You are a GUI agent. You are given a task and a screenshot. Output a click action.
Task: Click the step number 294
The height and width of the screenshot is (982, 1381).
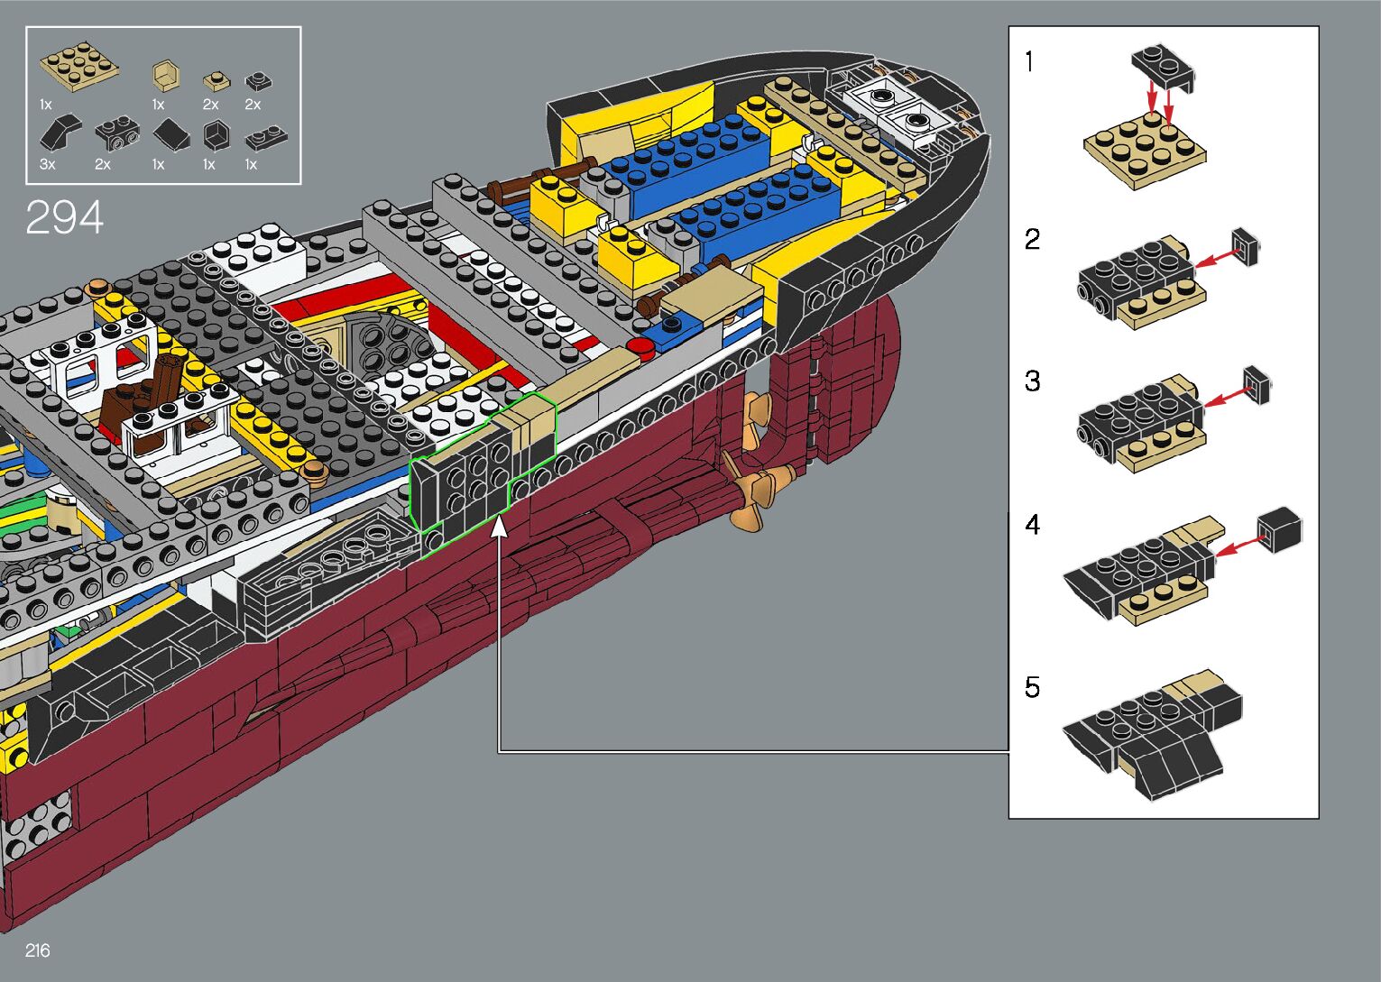click(65, 217)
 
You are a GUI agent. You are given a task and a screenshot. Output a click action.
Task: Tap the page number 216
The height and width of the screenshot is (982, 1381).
click(38, 950)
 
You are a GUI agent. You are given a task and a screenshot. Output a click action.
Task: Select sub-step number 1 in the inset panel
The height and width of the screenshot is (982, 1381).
click(1029, 61)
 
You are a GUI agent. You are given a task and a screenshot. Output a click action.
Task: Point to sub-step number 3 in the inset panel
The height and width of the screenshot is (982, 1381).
click(1033, 381)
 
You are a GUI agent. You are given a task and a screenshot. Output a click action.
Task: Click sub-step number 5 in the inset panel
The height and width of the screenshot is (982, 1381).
click(1033, 687)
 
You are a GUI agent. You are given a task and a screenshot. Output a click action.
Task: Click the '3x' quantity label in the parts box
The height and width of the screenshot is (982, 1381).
click(48, 164)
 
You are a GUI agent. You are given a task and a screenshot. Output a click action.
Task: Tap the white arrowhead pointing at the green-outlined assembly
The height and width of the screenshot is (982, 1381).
click(500, 526)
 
